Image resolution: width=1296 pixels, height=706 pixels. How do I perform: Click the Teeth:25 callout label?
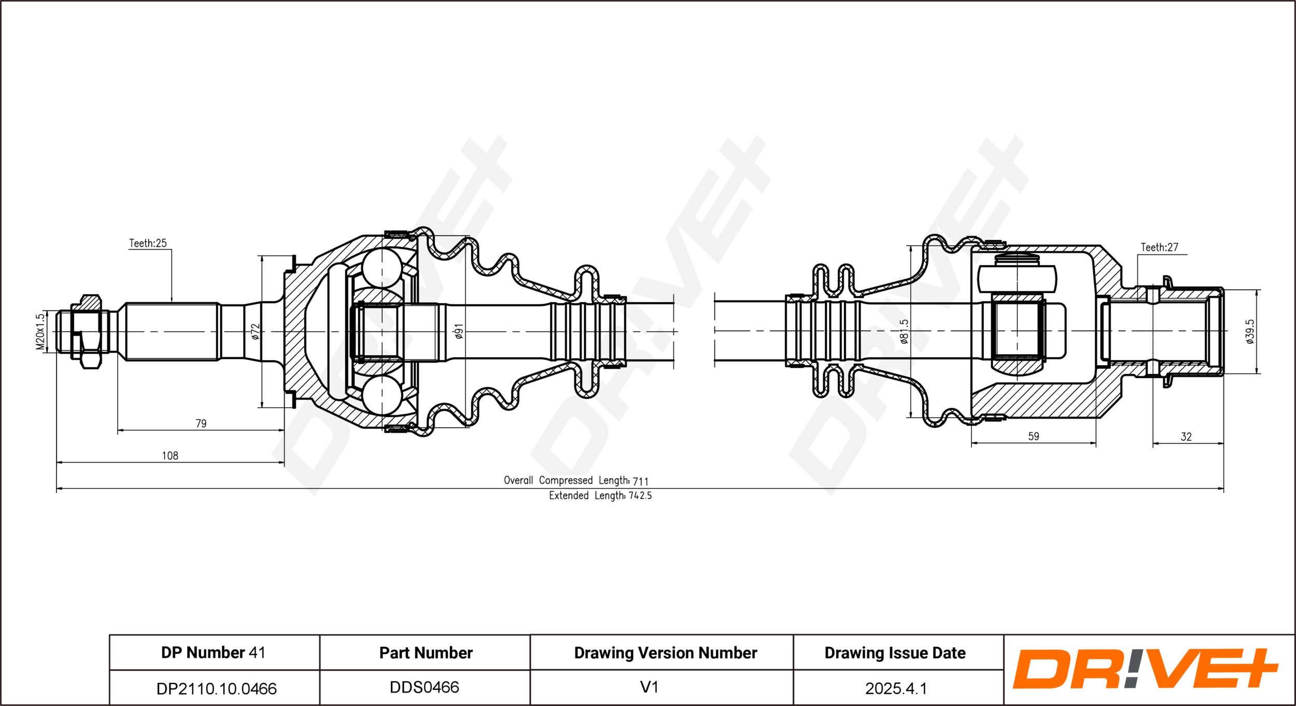click(148, 243)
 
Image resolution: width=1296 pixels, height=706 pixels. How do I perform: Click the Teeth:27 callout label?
click(1160, 247)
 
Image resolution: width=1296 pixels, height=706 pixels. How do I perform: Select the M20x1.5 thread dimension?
click(40, 332)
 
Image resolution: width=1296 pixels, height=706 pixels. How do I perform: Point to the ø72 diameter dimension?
click(255, 332)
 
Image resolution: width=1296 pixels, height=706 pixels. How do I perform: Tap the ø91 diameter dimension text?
click(459, 332)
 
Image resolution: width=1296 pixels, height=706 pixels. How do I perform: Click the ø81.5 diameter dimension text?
click(904, 332)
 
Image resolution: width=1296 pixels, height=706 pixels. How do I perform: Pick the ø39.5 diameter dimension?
click(1250, 332)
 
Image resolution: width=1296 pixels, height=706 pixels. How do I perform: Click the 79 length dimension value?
click(201, 423)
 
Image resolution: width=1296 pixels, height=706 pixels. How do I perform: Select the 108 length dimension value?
click(170, 455)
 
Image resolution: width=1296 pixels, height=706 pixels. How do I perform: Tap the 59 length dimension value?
click(1034, 436)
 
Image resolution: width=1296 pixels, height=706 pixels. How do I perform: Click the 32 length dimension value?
click(1186, 437)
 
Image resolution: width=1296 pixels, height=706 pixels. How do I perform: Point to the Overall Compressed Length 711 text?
click(576, 481)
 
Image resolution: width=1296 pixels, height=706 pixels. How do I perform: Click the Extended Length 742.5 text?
click(600, 496)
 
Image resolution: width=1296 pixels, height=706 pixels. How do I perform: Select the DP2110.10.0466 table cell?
click(216, 688)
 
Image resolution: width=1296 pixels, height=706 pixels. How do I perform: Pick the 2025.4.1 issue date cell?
click(896, 688)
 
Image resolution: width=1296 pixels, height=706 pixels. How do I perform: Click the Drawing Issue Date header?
click(895, 653)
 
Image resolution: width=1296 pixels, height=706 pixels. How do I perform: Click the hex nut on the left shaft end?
click(90, 332)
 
